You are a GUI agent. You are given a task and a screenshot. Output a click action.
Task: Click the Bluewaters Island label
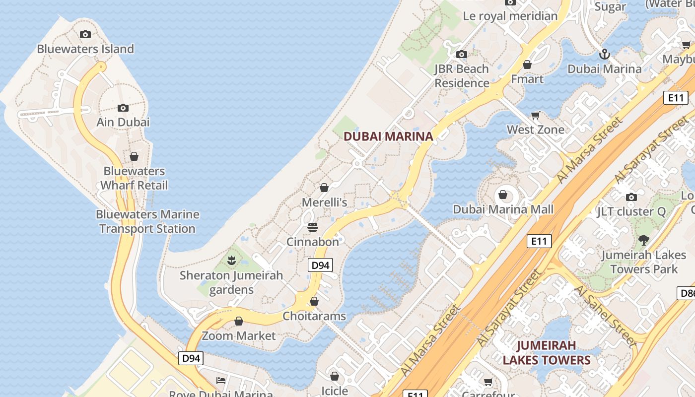(x=85, y=49)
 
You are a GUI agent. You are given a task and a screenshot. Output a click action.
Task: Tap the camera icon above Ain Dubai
(x=123, y=108)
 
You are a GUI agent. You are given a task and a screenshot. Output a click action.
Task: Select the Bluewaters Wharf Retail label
(x=134, y=178)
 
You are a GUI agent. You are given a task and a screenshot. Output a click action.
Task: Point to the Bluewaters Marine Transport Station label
(x=147, y=221)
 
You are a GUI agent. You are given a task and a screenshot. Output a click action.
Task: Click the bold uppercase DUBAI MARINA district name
(x=388, y=136)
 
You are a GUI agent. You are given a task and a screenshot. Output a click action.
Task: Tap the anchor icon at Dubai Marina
(x=604, y=54)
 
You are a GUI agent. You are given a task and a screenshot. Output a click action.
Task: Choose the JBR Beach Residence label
(x=462, y=76)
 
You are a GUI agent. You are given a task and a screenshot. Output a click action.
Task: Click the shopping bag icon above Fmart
(x=527, y=65)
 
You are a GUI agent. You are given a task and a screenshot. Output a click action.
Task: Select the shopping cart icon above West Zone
(x=535, y=116)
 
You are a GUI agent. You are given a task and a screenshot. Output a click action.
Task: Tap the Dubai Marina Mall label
(x=503, y=209)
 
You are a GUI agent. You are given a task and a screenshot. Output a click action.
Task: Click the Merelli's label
(x=325, y=202)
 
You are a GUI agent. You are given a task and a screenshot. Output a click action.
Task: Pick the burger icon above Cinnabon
(x=313, y=227)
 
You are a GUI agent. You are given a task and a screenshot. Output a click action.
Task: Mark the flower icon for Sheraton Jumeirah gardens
(x=231, y=260)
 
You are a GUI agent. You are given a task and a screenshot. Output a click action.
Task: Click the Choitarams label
(x=314, y=316)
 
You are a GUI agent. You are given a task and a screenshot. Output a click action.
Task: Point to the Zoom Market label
(x=238, y=335)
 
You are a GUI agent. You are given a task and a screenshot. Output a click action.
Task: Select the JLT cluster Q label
(x=631, y=211)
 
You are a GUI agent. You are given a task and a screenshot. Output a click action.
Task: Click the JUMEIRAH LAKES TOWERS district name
(x=546, y=352)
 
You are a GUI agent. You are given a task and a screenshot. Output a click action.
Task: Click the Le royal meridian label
(x=510, y=16)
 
